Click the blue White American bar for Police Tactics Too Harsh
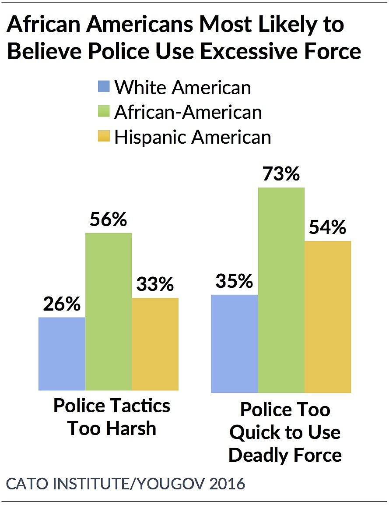tap(62, 354)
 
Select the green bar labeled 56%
tap(109, 311)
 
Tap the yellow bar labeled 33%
tap(155, 344)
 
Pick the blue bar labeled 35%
tap(235, 343)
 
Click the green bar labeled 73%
tap(281, 290)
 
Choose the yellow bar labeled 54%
tap(328, 317)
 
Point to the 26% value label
tap(62, 304)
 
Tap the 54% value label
tap(327, 228)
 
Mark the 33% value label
tap(155, 285)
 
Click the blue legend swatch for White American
tap(103, 87)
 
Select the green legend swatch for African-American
tap(103, 112)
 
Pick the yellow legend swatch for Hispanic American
tap(103, 137)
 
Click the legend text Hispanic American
tap(193, 137)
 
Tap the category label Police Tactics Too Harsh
tap(112, 417)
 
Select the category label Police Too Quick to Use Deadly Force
tap(285, 432)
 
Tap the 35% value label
tap(234, 281)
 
